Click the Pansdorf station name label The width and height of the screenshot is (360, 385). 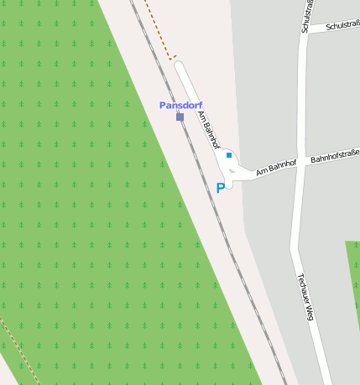180,105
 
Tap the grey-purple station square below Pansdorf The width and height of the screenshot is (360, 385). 180,117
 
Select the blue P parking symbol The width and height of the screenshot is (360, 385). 221,189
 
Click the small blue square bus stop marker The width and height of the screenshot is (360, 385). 228,155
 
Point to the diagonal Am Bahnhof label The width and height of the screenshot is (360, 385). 208,129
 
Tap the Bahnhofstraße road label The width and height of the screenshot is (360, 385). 334,155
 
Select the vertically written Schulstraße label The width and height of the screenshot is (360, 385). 306,17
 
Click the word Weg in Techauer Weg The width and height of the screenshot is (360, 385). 310,314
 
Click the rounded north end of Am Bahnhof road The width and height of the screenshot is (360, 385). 179,65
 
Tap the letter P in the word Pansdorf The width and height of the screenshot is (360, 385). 163,105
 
